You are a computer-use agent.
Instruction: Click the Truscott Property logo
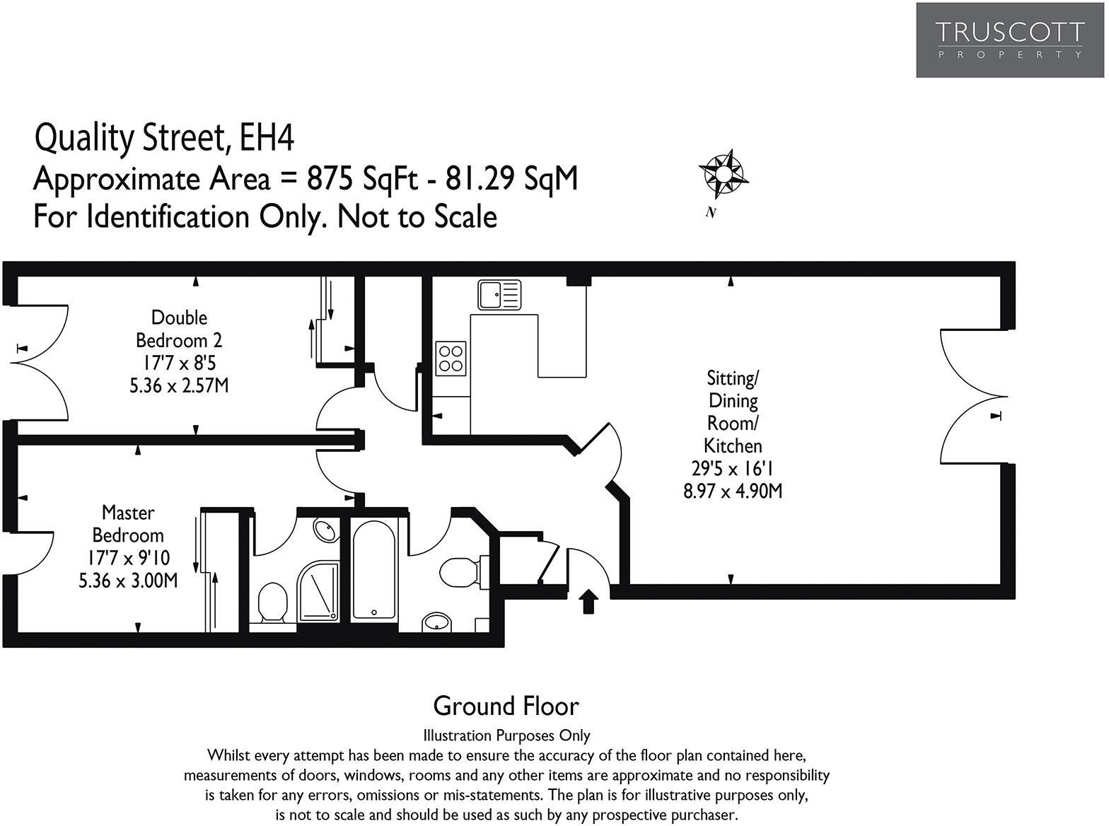point(1009,40)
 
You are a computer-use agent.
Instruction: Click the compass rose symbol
point(724,173)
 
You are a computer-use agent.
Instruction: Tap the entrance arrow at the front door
point(588,602)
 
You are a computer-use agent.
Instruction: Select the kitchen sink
point(499,295)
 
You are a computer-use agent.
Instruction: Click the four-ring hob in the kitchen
point(451,358)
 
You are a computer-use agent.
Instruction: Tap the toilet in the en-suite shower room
point(272,603)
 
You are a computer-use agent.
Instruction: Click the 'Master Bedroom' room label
point(128,523)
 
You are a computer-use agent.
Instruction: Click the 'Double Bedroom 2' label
point(179,329)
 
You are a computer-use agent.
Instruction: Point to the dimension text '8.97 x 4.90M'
point(733,491)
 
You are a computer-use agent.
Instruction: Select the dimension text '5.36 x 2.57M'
point(179,386)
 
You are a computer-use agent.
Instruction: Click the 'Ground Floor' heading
point(506,706)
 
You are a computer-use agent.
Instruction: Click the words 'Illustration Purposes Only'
point(506,735)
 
